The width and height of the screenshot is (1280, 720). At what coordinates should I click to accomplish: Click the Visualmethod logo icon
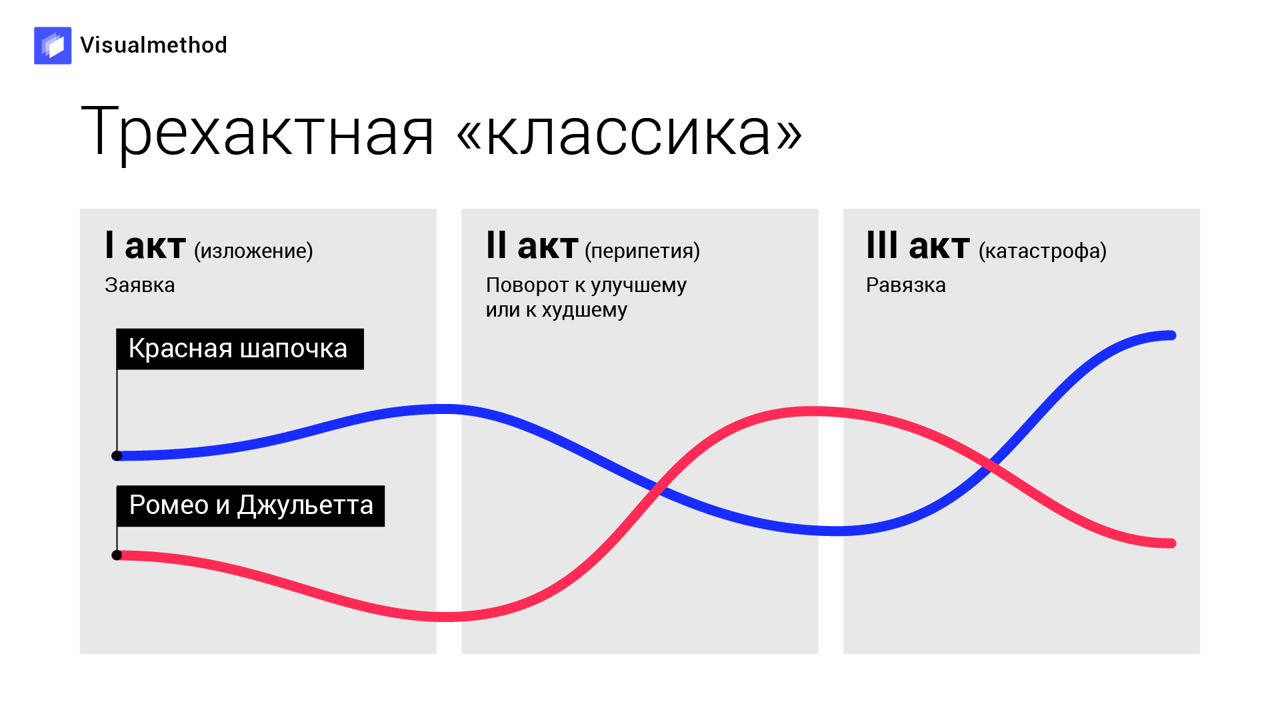(53, 45)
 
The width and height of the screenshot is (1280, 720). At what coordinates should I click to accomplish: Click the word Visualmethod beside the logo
(153, 45)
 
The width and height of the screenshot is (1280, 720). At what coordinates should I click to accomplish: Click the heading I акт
(145, 245)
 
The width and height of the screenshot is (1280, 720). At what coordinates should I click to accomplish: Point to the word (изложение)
(253, 251)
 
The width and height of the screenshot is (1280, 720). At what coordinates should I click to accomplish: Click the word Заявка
(139, 285)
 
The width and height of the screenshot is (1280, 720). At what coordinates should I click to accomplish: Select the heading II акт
(532, 245)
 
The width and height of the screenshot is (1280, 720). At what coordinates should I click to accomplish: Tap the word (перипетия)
(642, 251)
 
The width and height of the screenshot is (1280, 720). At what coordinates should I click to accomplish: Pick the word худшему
(584, 310)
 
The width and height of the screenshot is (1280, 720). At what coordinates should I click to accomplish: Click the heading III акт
(917, 245)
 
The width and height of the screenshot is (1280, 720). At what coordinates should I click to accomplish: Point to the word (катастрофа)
(1043, 251)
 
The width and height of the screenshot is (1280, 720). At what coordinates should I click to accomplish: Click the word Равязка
(905, 285)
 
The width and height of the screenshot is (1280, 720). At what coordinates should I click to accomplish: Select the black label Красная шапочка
(240, 349)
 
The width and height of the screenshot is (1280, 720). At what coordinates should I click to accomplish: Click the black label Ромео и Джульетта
(251, 505)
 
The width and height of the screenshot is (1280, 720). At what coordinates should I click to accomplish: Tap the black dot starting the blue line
(117, 456)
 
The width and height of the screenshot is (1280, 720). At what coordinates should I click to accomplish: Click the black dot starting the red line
(117, 555)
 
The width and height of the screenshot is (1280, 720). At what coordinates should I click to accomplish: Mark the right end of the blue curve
(1172, 335)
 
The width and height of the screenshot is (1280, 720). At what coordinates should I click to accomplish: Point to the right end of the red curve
(1172, 543)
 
